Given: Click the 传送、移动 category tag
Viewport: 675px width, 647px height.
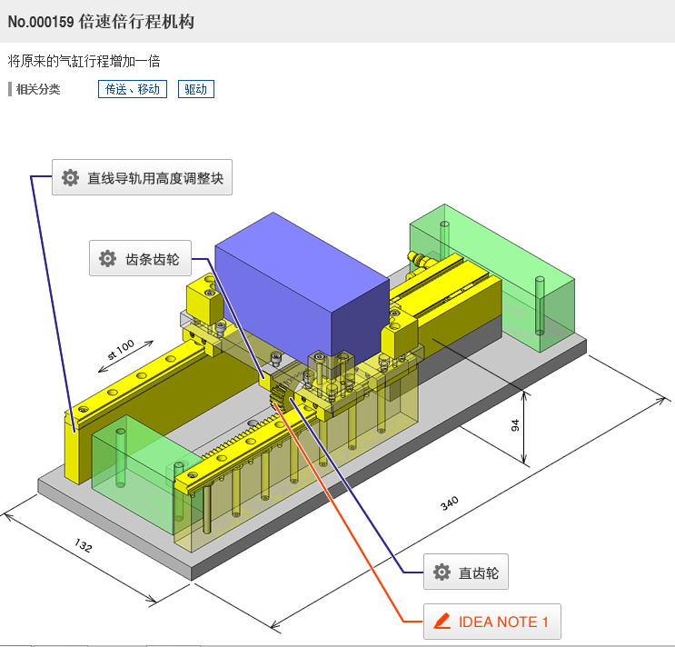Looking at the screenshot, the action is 133,89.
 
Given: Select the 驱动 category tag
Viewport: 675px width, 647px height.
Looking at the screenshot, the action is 196,89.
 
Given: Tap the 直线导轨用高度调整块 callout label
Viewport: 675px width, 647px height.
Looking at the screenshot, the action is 142,177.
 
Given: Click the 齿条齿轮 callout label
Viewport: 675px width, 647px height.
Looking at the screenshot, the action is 140,258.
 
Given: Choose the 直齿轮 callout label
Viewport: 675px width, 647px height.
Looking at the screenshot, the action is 466,572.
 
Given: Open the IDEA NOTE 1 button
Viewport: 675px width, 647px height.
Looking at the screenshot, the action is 492,622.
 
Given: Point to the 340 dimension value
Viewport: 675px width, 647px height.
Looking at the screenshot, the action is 449,503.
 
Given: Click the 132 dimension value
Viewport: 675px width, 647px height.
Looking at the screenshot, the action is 83,545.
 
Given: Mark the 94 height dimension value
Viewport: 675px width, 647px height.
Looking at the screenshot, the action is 515,425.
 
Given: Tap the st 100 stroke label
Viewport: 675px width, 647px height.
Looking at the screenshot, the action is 121,349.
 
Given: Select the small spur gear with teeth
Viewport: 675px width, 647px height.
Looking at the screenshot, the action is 279,395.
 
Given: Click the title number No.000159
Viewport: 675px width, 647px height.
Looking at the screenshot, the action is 41,22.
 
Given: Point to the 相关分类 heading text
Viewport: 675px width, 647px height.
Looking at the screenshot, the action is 38,90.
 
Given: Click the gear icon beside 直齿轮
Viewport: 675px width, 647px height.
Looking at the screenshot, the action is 442,572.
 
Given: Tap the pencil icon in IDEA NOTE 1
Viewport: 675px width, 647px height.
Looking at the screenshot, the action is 442,622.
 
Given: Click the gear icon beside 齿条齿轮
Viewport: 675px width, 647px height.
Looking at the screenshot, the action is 107,258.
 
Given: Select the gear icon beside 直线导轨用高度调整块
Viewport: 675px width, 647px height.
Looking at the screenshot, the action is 70,177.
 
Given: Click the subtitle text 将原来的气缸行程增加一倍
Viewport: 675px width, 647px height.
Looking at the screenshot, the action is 84,61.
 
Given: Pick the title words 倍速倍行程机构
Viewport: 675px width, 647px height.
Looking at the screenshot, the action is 136,22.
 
